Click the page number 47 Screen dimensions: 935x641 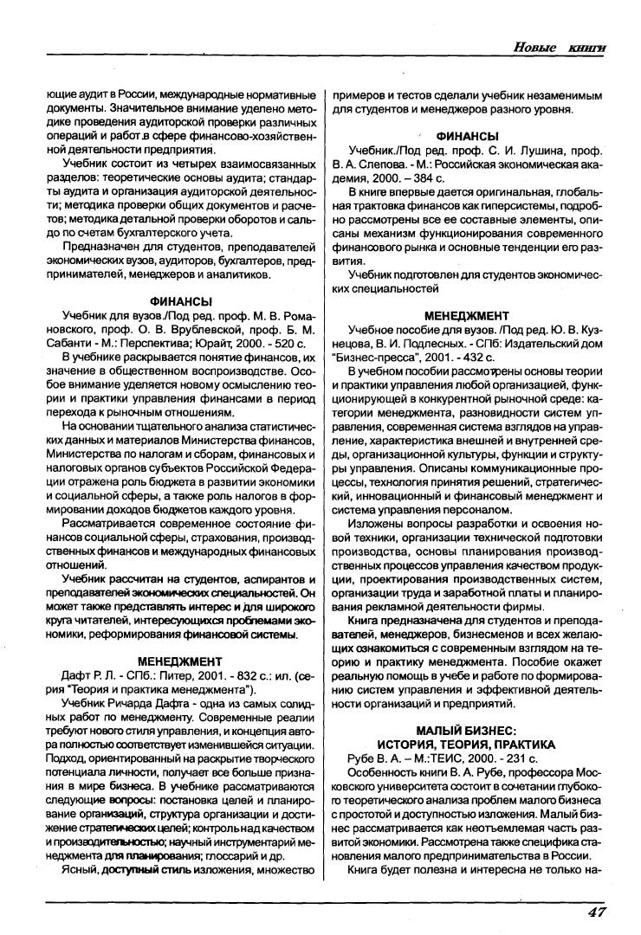pyautogui.click(x=596, y=912)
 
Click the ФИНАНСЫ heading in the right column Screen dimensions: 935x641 pyautogui.click(x=468, y=136)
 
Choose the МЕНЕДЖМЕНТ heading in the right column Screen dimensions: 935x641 pyautogui.click(x=468, y=315)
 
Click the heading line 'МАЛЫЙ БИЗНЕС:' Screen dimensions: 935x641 pyautogui.click(x=468, y=731)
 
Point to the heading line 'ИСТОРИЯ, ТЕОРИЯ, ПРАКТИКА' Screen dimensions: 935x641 pyautogui.click(x=468, y=744)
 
